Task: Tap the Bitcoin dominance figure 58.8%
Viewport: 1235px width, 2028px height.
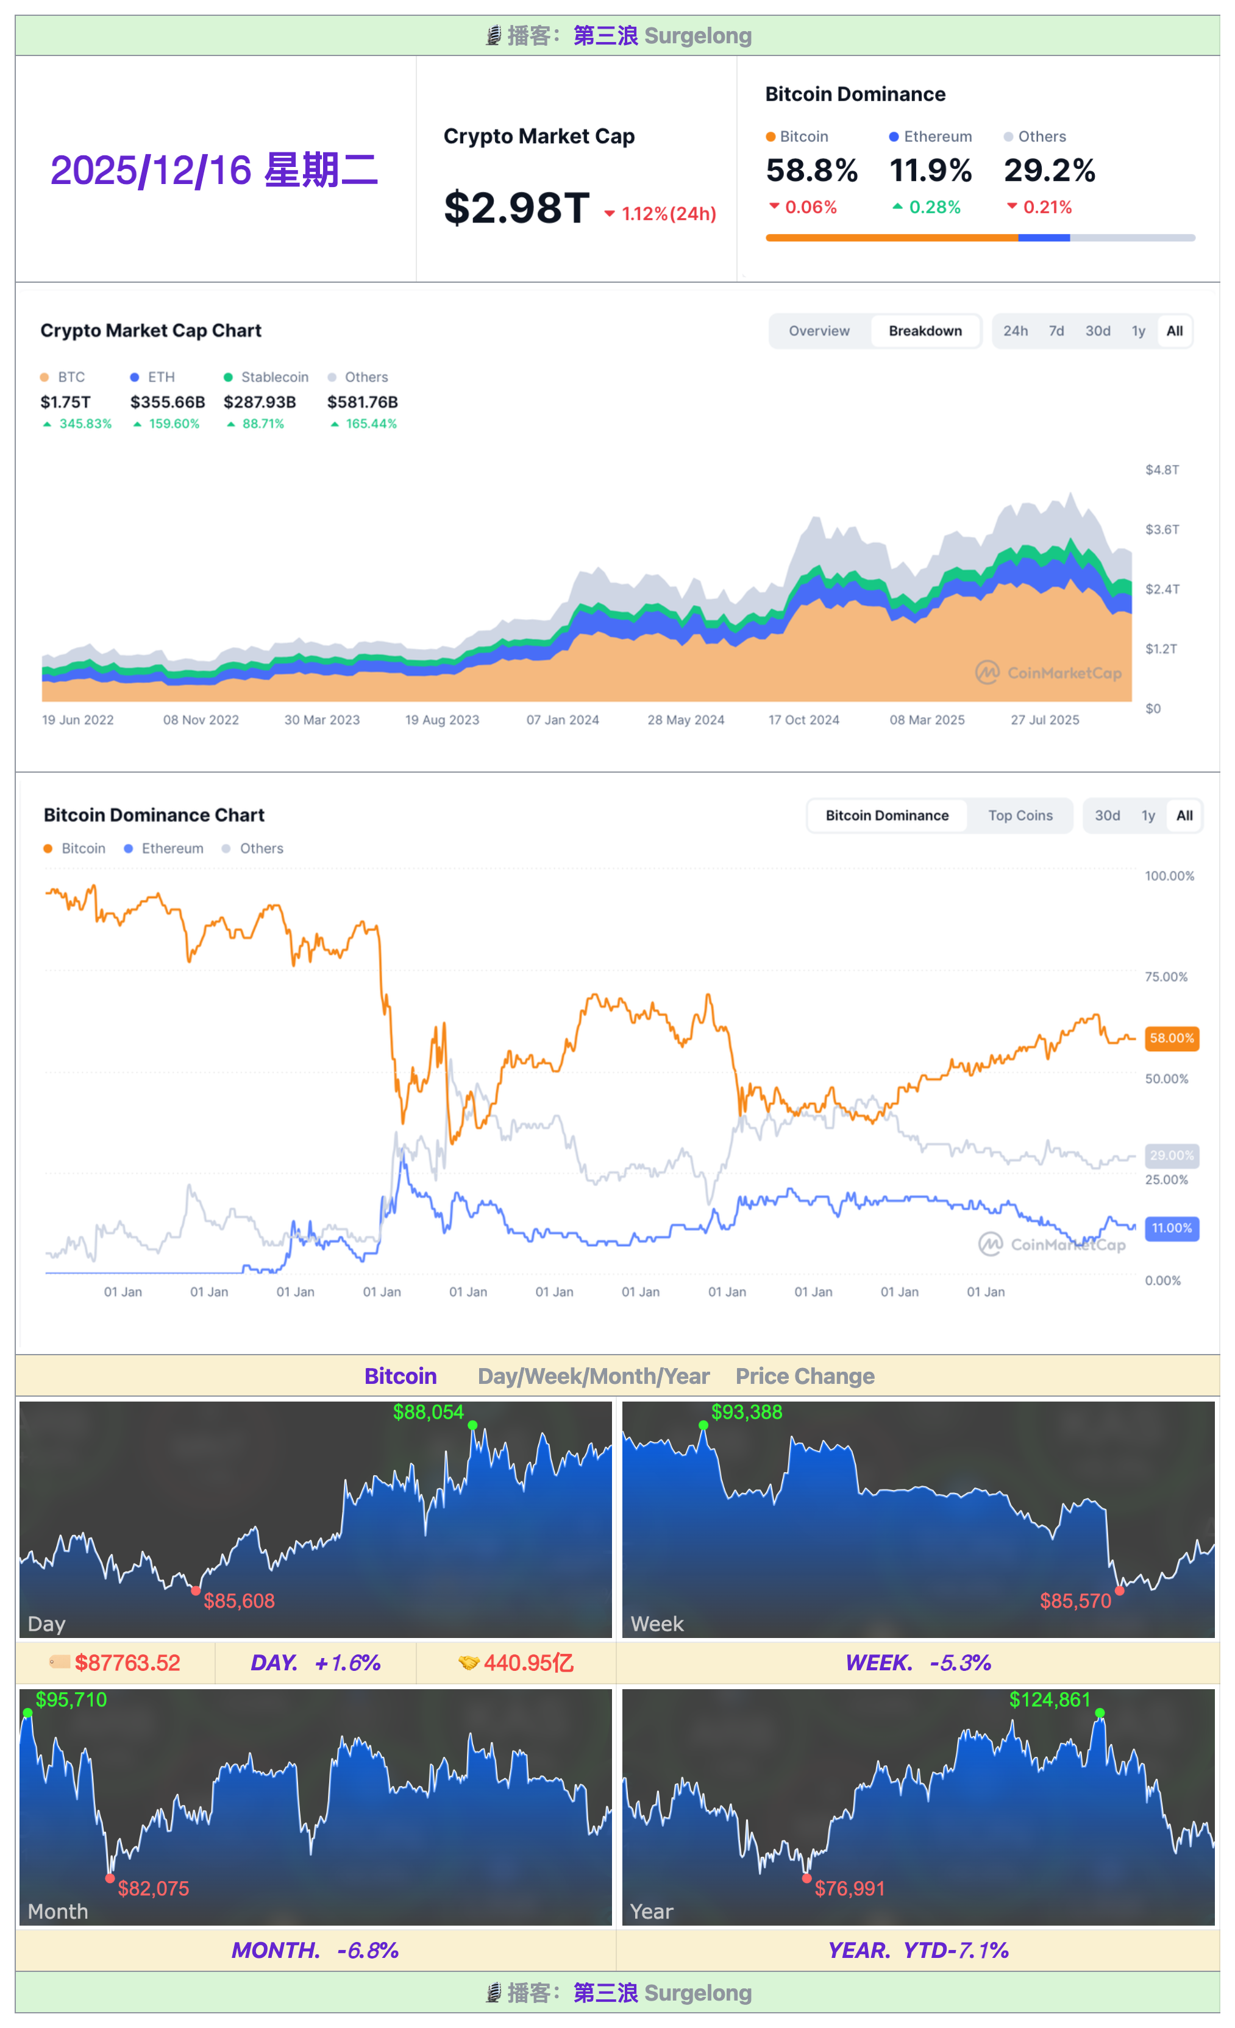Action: point(811,171)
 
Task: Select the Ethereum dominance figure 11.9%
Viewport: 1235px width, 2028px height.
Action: point(930,171)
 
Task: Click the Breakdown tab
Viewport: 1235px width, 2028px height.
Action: point(925,331)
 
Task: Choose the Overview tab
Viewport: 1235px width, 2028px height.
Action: point(819,331)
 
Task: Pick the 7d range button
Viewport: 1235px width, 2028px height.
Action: point(1056,331)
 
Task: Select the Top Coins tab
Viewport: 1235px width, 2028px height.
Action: point(1020,815)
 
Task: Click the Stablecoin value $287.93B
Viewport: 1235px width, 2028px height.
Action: point(259,402)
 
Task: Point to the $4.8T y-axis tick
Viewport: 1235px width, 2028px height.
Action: point(1162,470)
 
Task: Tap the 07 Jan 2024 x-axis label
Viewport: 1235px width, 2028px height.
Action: point(563,720)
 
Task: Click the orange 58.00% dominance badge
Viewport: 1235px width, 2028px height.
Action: point(1171,1039)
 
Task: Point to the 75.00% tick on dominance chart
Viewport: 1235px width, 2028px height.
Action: point(1166,977)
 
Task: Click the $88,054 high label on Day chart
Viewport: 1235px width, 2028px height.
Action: point(428,1413)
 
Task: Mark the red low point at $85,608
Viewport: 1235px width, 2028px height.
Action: point(196,1591)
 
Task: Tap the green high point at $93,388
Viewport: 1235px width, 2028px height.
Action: point(703,1425)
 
